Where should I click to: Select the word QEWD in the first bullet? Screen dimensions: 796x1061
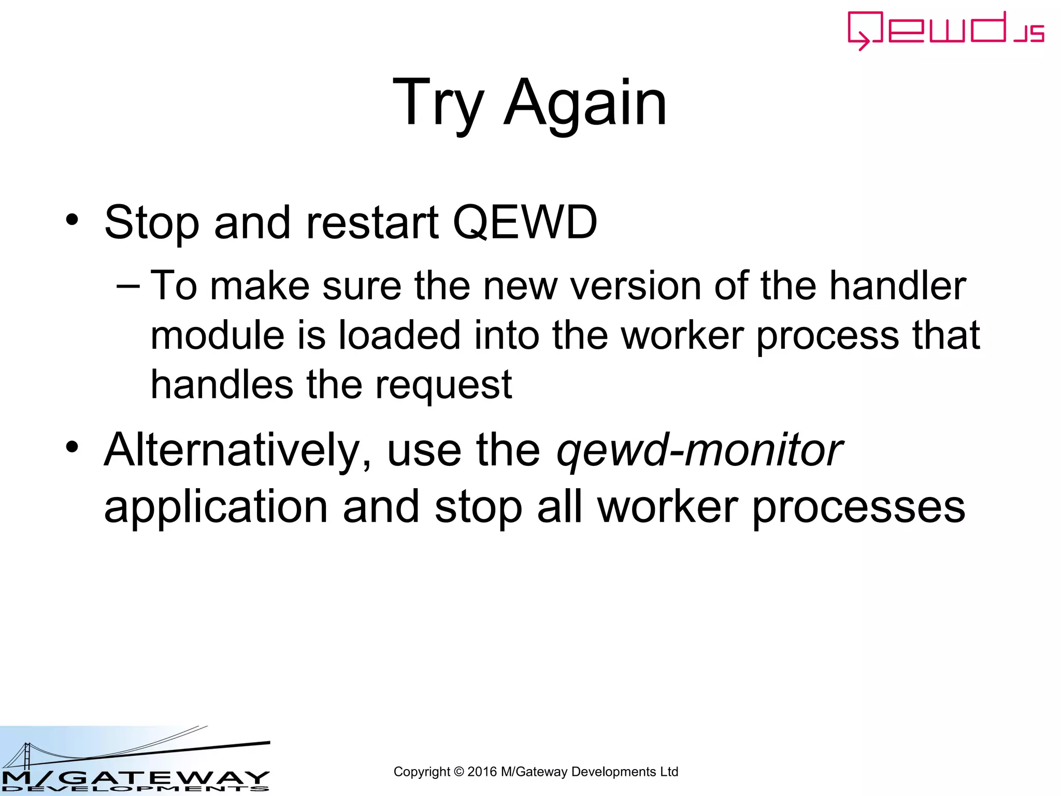tap(525, 222)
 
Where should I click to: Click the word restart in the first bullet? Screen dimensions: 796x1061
tap(372, 222)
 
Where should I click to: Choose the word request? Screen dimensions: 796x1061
tap(443, 386)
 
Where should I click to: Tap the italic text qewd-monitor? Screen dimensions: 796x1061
tap(699, 450)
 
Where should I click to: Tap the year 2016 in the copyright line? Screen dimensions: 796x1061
tap(482, 772)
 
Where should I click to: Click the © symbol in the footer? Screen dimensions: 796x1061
tap(458, 772)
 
